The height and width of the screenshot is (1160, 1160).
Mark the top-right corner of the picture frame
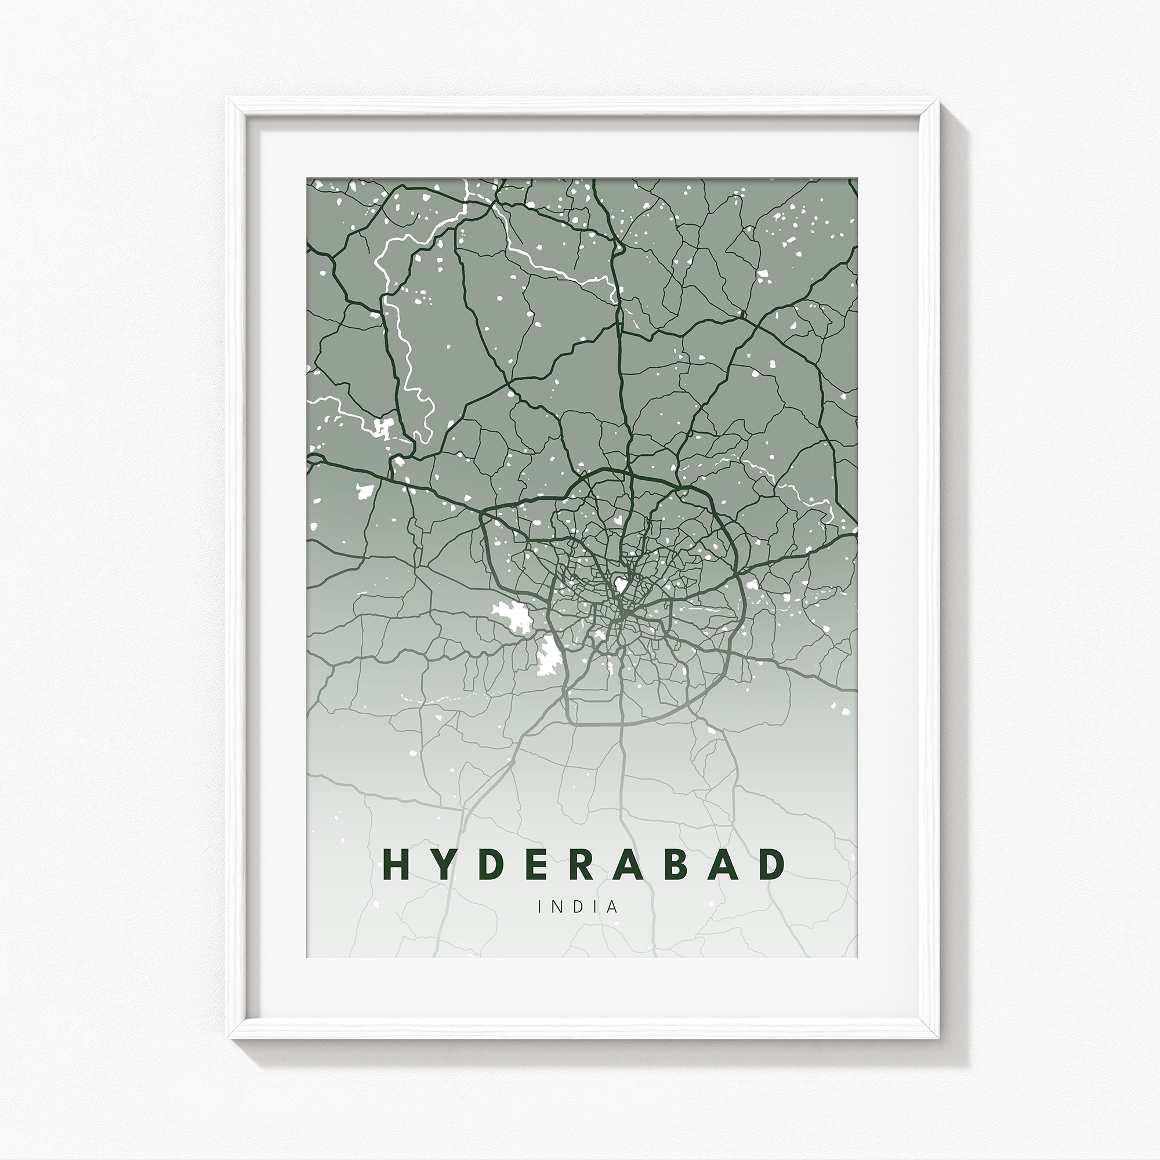pos(938,100)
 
